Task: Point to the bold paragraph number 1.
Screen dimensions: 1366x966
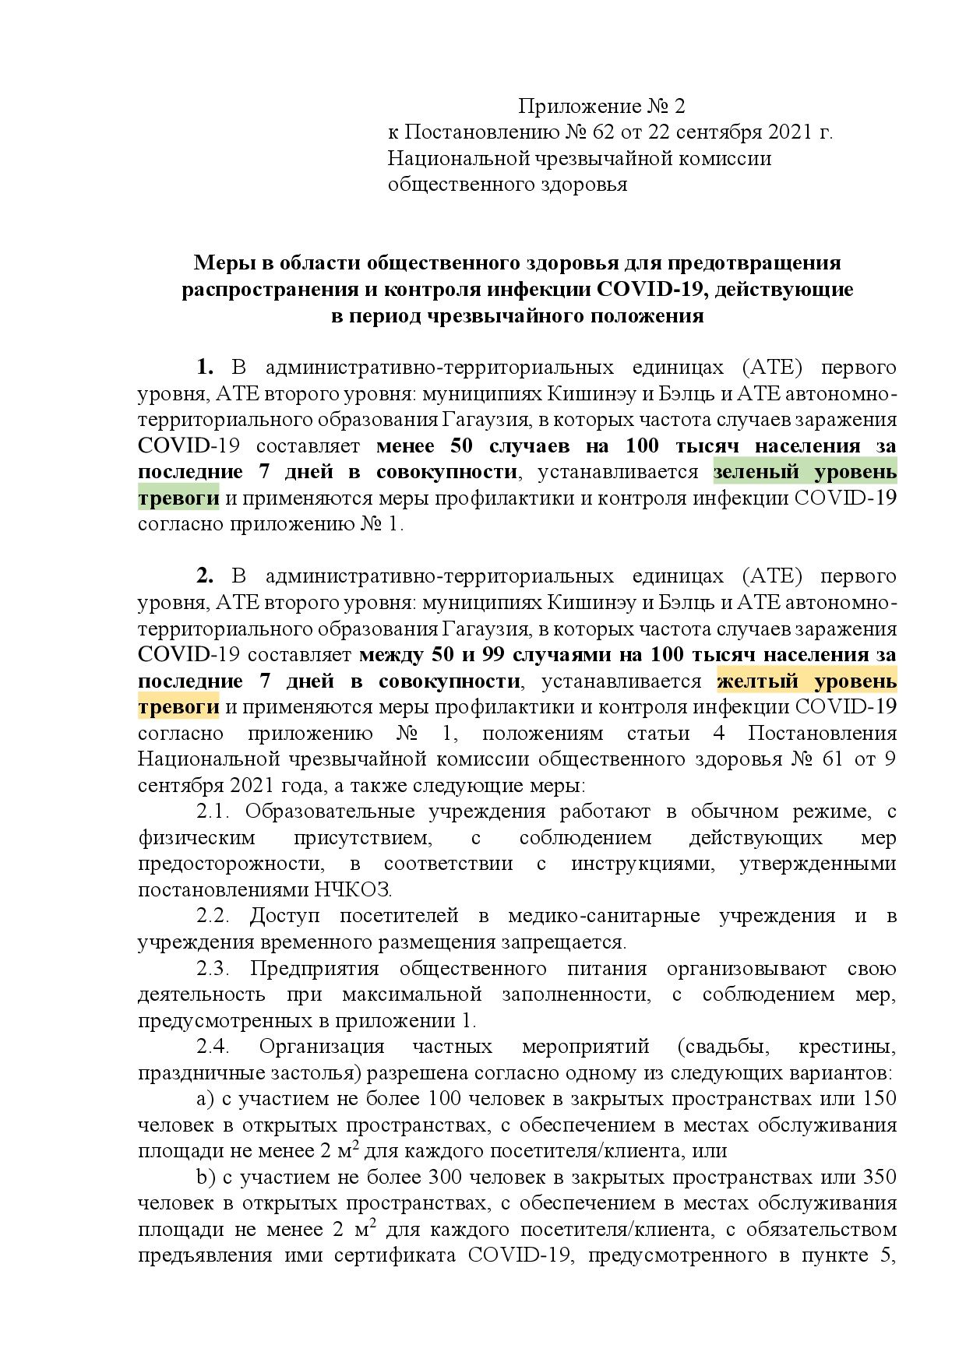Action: (x=206, y=367)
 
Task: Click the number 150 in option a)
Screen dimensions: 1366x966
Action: (x=880, y=1099)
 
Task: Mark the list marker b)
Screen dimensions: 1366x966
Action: (x=206, y=1178)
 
